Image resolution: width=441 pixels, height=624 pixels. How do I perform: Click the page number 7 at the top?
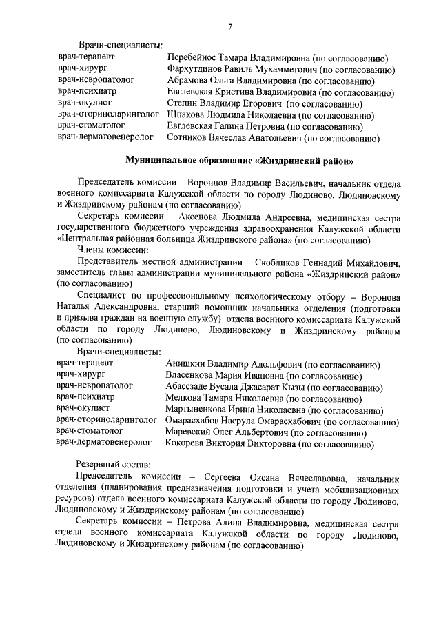pyautogui.click(x=230, y=26)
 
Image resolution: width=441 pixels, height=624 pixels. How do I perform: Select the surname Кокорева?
pyautogui.click(x=188, y=443)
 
